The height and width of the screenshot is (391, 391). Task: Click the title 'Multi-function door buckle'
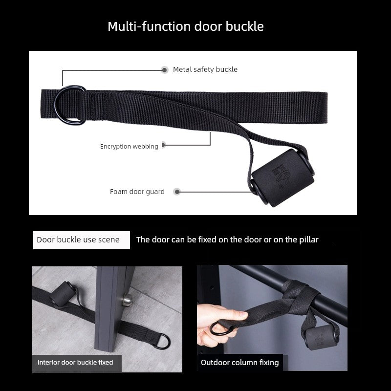click(186, 26)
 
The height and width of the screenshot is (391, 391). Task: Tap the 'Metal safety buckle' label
click(205, 69)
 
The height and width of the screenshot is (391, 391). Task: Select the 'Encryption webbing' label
click(129, 146)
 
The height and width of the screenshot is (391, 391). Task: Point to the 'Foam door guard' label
click(137, 192)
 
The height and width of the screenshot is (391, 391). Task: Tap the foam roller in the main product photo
click(282, 178)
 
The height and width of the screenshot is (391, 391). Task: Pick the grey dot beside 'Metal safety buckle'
click(164, 70)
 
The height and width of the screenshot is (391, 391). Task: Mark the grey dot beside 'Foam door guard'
click(177, 192)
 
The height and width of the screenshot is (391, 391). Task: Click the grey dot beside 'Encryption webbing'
click(163, 145)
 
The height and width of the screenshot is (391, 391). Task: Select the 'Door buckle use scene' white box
click(82, 240)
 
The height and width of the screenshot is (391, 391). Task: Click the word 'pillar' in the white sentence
click(309, 239)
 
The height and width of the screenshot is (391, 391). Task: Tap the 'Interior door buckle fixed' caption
click(75, 362)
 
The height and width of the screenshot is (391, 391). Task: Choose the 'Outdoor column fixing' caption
click(240, 362)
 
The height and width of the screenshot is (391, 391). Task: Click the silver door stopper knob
click(127, 300)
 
